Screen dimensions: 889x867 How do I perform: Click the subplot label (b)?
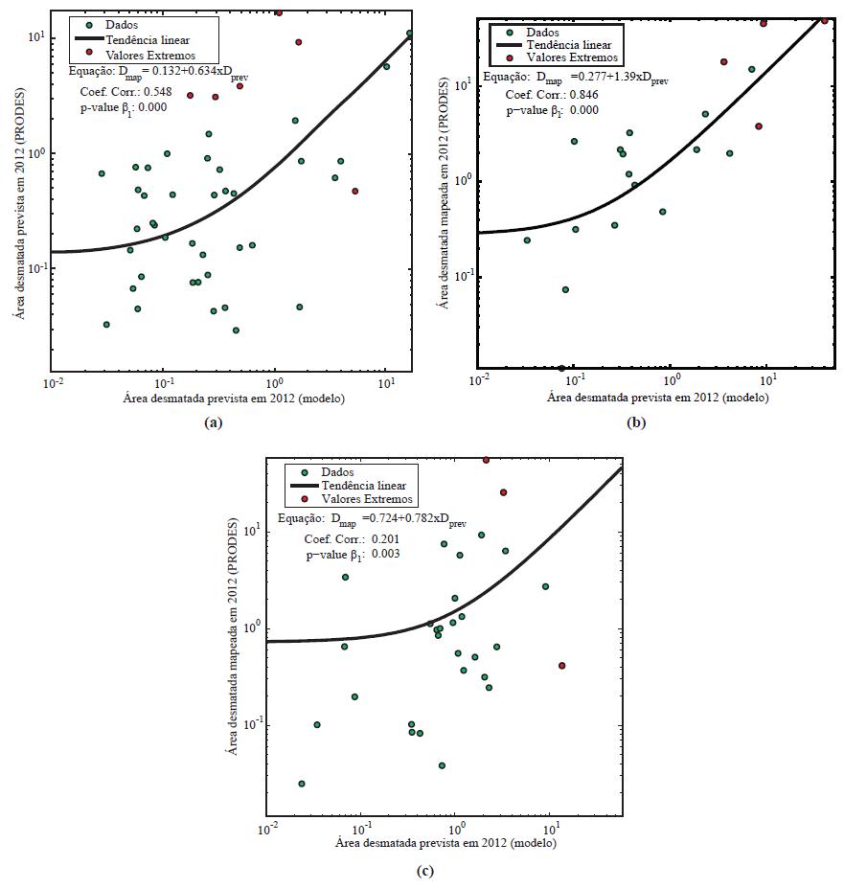(x=634, y=422)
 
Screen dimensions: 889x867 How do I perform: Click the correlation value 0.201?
(x=379, y=539)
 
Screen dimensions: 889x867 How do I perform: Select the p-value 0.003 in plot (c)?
(x=379, y=555)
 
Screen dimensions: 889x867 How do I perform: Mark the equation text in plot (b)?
(x=575, y=79)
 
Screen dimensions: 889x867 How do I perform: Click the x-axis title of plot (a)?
(x=234, y=398)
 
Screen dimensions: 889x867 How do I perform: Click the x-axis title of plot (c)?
(x=445, y=844)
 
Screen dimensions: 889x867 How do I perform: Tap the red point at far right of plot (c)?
(x=561, y=666)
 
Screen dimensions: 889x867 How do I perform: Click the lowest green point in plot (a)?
(x=236, y=331)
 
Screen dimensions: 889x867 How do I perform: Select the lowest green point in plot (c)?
(x=302, y=784)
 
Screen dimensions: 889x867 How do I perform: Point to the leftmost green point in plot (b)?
(x=527, y=240)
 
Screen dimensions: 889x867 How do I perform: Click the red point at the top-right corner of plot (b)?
(x=824, y=20)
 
